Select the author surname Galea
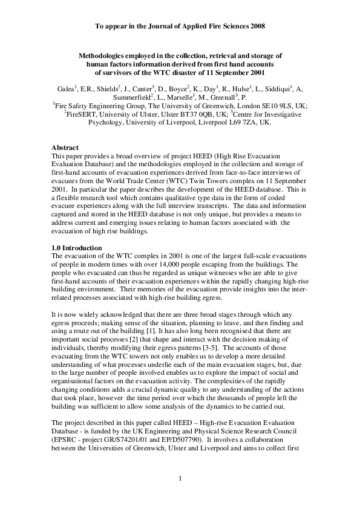tap(67, 88)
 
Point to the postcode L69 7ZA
tap(237, 122)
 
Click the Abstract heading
tap(66, 148)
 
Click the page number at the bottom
tap(180, 479)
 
